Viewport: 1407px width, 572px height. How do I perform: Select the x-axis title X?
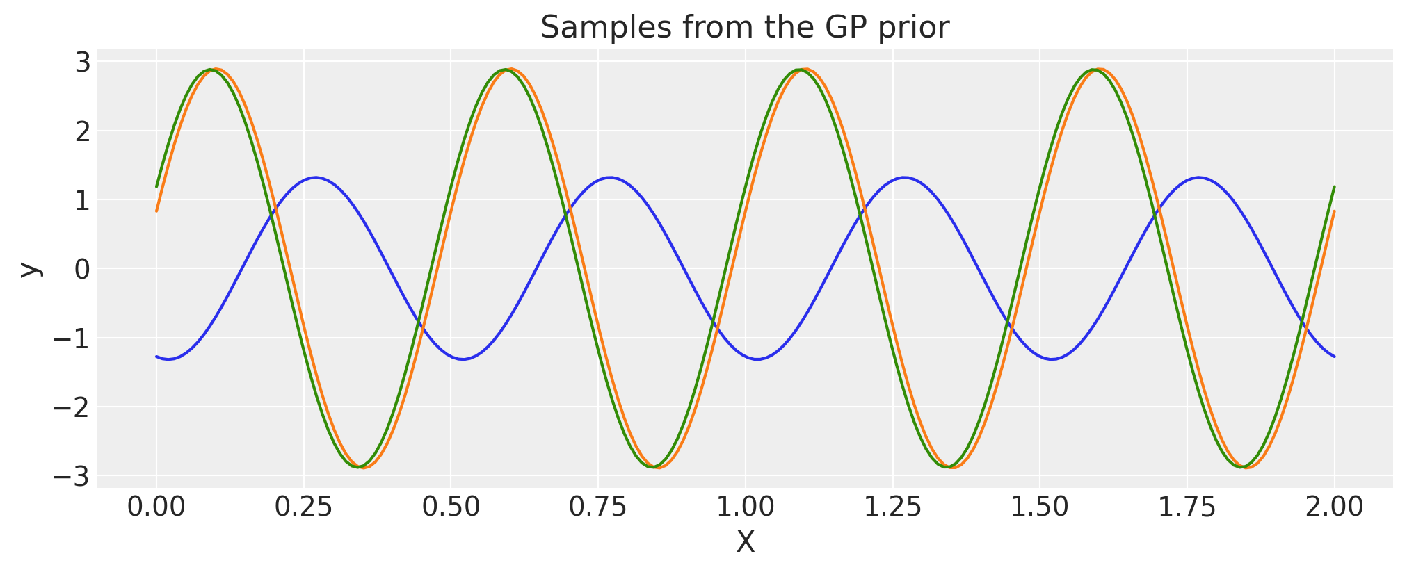coord(745,542)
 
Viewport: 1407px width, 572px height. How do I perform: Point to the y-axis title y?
coord(29,269)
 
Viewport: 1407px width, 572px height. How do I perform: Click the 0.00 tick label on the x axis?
coord(156,507)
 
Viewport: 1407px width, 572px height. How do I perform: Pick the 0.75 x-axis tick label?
coord(598,507)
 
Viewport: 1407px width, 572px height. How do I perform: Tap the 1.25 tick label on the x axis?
coord(892,507)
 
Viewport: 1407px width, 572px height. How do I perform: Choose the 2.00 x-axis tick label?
coord(1334,507)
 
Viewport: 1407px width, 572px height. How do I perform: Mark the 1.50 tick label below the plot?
coord(1040,507)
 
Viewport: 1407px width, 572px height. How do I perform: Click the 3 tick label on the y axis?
coord(83,63)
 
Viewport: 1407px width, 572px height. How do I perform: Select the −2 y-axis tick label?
coord(72,407)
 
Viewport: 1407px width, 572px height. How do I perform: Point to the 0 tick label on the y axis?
coord(83,269)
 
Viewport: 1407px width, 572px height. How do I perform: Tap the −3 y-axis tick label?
coord(72,477)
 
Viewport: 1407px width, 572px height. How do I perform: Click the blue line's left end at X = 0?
coord(156,357)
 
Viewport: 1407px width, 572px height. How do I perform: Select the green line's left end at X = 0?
coord(156,186)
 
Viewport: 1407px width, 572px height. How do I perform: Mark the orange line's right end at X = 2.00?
coord(1334,211)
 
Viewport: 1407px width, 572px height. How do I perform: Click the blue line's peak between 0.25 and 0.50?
coord(316,178)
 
